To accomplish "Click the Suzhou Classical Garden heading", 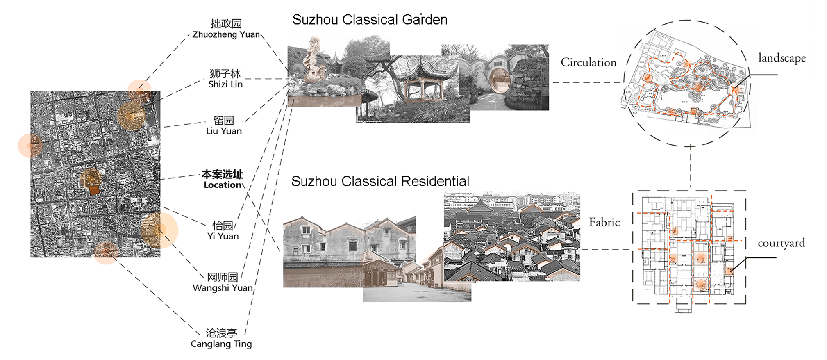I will point(370,20).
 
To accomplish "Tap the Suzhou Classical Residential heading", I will point(380,181).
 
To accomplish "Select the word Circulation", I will point(588,62).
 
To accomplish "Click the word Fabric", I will point(604,222).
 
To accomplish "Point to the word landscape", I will point(782,58).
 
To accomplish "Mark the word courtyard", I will point(781,243).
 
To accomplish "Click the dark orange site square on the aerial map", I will point(95,190).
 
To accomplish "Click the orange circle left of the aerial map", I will point(30,146).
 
